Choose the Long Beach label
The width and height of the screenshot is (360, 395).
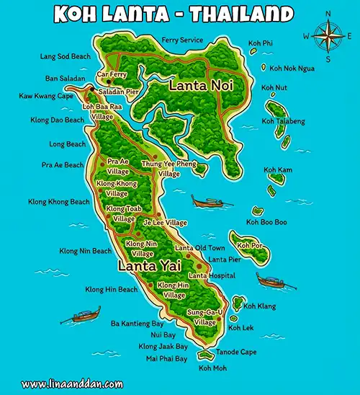(x=67, y=144)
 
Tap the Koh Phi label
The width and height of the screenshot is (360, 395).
(x=260, y=43)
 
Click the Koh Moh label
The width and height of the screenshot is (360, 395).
(x=212, y=369)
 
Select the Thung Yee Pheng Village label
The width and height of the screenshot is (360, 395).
(x=169, y=169)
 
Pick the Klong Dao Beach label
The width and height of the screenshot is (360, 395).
(x=58, y=120)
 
